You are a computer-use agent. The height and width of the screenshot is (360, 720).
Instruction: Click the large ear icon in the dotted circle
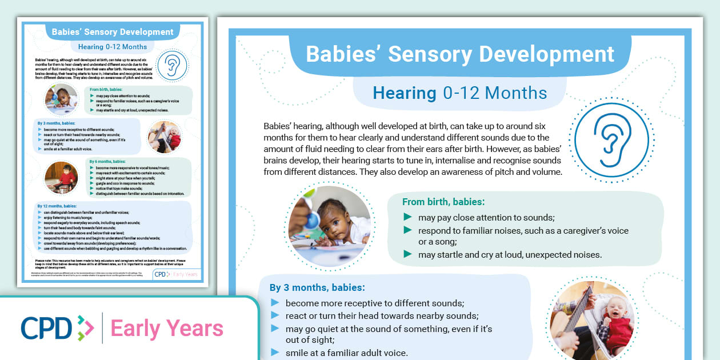click(610, 139)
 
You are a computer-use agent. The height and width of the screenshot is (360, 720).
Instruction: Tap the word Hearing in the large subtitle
click(404, 93)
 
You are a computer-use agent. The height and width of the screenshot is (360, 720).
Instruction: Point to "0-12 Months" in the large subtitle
click(495, 93)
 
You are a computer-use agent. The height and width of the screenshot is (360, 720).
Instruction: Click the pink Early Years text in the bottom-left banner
click(166, 329)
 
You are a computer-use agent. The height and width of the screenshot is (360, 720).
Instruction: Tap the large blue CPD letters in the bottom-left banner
click(46, 328)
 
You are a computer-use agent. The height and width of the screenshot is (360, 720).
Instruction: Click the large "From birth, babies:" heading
click(443, 202)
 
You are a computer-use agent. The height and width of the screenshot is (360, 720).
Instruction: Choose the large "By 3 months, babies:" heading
click(317, 287)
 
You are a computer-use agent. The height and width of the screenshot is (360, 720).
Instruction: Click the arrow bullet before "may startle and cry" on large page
click(407, 254)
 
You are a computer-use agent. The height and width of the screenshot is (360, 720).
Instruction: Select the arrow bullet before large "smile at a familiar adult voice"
click(275, 353)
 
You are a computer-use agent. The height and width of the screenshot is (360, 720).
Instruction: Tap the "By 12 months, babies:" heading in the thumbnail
click(59, 206)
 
